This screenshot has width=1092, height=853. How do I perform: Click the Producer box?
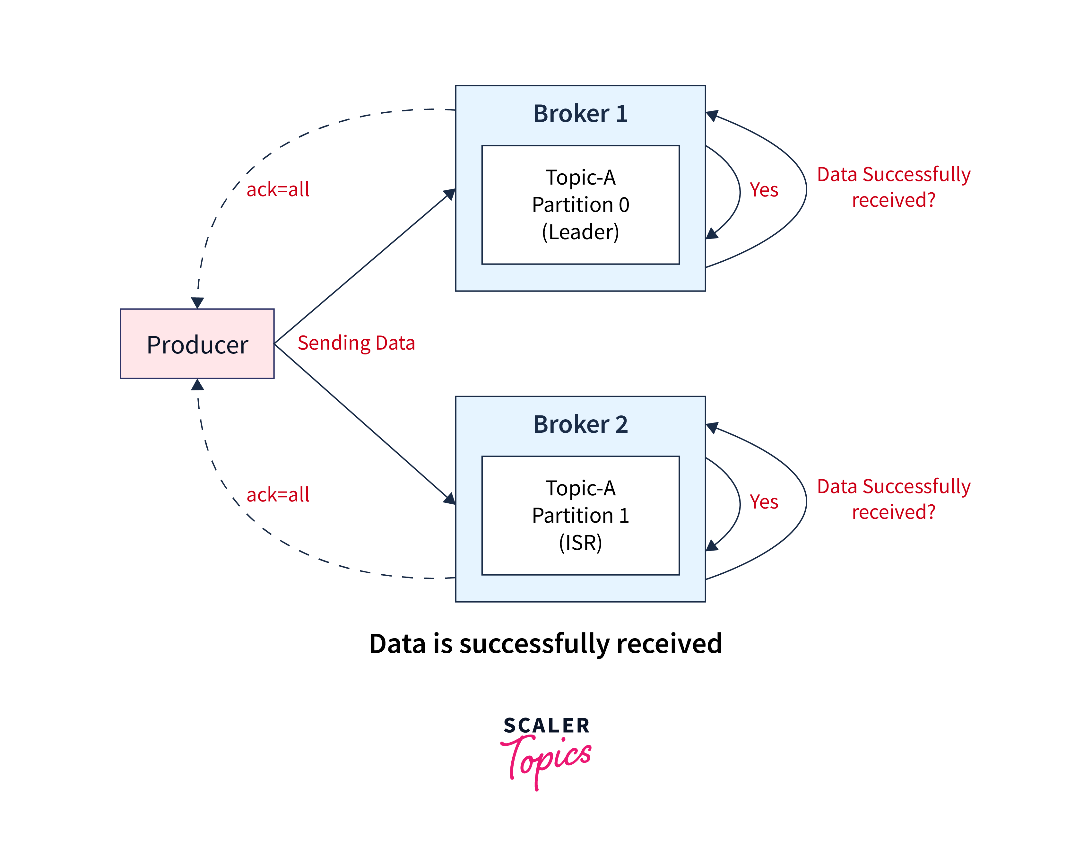coord(197,344)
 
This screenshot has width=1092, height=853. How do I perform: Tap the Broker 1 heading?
coord(580,114)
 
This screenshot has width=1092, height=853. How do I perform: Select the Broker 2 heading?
coord(580,424)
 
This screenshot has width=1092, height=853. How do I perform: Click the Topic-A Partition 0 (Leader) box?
coord(580,205)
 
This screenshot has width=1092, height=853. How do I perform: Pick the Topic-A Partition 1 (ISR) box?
coord(580,516)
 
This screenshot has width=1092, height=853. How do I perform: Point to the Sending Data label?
coord(356,343)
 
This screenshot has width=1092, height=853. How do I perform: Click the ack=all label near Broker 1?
coord(278,189)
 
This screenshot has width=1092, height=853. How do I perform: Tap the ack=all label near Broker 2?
coord(278,494)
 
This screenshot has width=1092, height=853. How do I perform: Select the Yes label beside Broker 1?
coord(764,190)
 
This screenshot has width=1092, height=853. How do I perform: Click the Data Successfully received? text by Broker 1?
coord(894,187)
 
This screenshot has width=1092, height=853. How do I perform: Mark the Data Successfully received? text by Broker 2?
coord(894,499)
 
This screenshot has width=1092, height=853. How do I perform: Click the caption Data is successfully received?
coord(545,643)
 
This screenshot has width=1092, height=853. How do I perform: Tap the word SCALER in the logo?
coord(547,726)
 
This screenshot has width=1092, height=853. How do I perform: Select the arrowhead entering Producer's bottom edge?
coord(197,385)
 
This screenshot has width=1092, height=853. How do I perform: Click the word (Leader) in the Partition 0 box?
coord(580,232)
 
